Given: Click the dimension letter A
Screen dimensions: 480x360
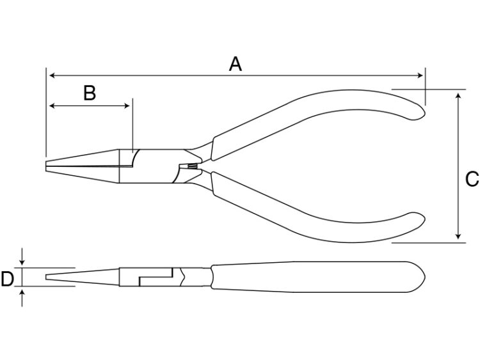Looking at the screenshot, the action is [235, 64].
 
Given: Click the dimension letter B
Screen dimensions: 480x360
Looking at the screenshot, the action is [90, 93].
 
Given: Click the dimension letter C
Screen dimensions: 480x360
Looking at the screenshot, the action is [472, 179].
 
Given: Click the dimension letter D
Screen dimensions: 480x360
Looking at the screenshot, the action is [7, 279].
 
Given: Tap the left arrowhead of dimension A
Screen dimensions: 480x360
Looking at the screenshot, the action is [52, 75].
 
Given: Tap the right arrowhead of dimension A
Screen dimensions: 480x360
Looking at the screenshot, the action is [420, 75].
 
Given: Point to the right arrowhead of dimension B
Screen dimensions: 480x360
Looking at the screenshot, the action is [127, 106].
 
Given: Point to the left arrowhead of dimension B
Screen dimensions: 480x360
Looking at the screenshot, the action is [52, 106].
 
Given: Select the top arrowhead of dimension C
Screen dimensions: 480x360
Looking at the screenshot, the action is [458, 96].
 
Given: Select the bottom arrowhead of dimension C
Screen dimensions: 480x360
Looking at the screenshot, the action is [458, 236].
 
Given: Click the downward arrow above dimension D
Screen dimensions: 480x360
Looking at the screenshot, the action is [22, 256].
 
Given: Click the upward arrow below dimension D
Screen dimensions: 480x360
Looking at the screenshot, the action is [22, 297].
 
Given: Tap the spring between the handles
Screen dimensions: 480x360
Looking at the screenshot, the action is [192, 166].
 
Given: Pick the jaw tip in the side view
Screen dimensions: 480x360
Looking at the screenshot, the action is [47, 277].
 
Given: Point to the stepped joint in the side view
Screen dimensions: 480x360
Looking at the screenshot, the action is [156, 277].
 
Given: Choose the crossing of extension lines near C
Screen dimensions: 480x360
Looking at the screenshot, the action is [425, 90].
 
